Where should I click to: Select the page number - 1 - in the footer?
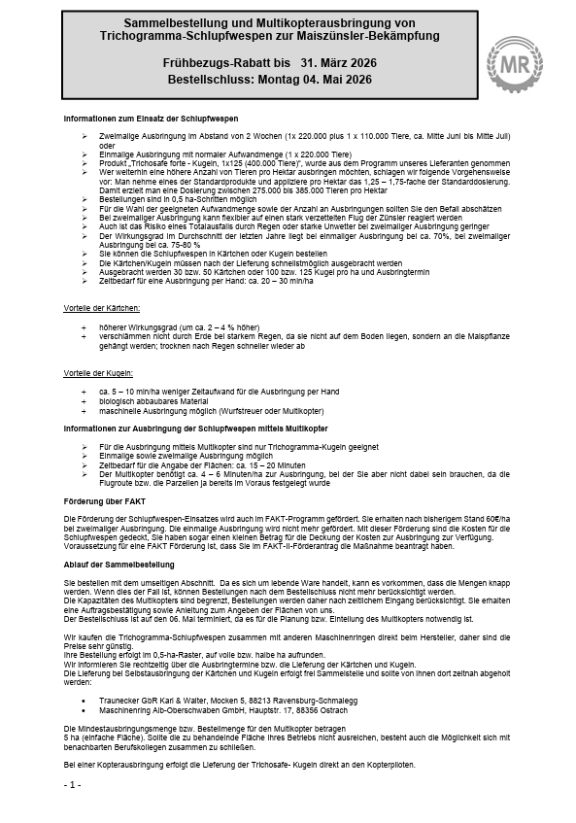[x=73, y=783]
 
